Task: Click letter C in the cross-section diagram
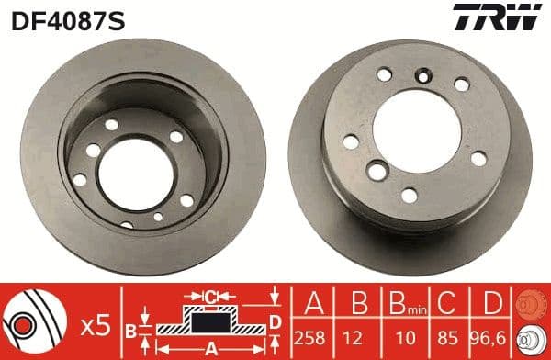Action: point(210,297)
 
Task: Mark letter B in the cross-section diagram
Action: point(131,327)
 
